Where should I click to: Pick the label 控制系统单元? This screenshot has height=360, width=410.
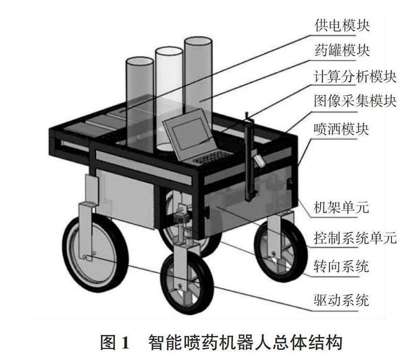point(355,237)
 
